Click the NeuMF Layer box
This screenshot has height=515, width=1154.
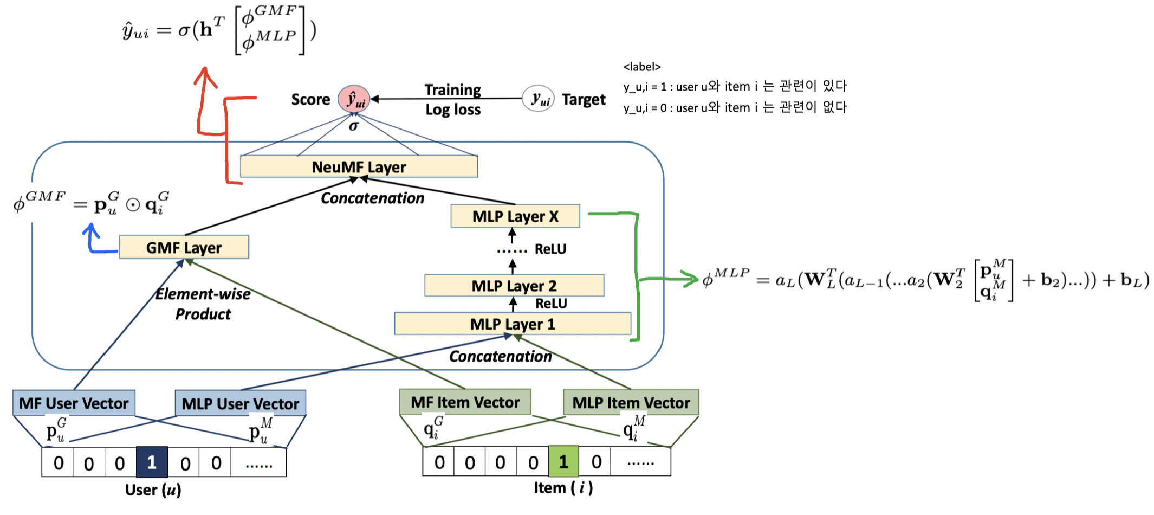359,166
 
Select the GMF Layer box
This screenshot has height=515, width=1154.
184,247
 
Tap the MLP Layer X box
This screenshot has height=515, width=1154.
515,216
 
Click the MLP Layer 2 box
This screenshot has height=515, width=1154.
514,285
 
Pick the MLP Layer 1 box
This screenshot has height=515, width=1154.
513,324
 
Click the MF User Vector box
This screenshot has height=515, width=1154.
74,403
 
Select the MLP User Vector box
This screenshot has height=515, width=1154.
240,403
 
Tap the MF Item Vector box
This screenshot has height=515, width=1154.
465,402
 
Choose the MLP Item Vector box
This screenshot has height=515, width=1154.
631,402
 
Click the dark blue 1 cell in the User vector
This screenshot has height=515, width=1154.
152,462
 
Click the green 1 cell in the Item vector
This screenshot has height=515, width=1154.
563,461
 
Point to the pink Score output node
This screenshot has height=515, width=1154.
354,99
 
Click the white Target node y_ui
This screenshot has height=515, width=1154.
539,99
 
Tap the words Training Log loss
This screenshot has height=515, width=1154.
452,99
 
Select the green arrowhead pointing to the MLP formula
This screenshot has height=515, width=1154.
692,279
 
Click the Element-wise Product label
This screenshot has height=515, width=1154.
203,304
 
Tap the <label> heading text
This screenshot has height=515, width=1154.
642,67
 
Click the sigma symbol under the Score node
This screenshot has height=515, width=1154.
354,126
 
